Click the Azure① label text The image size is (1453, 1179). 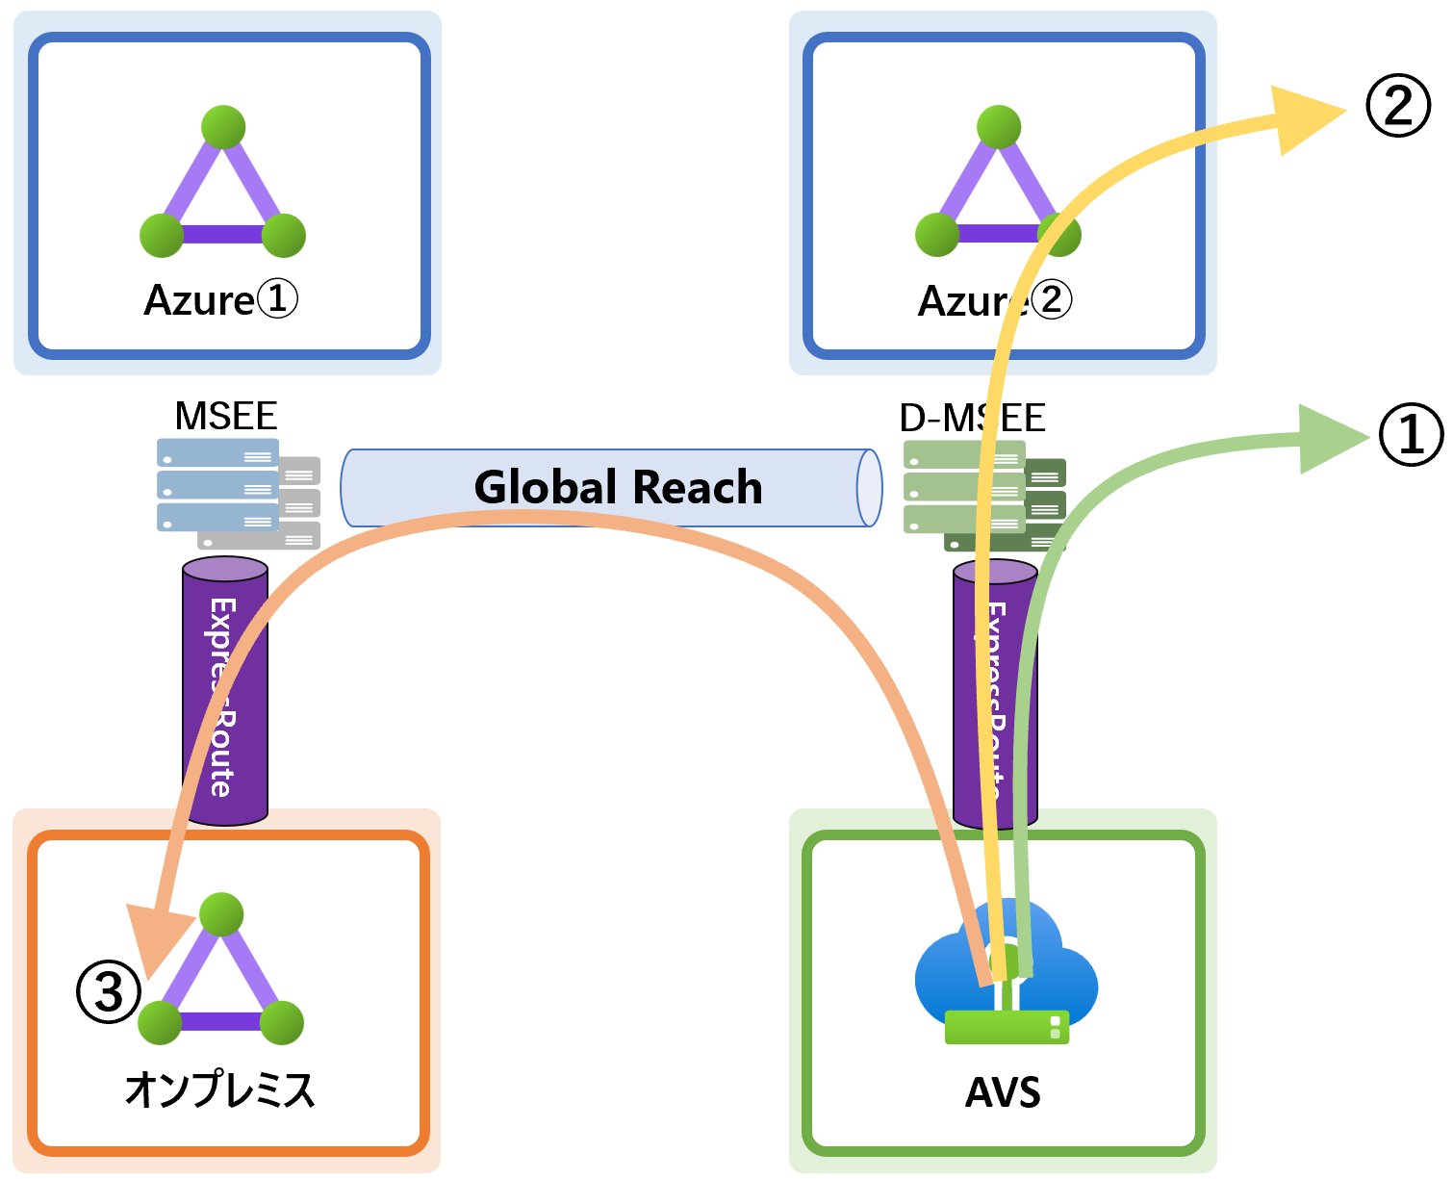pyautogui.click(x=220, y=300)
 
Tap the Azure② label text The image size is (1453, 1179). pyautogui.click(x=994, y=300)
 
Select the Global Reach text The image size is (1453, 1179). pyautogui.click(x=618, y=487)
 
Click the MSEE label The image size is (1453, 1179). pyautogui.click(x=226, y=416)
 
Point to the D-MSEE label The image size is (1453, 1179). pyautogui.click(x=972, y=418)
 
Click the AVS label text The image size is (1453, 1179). pyautogui.click(x=1003, y=1092)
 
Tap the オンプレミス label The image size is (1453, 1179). pyautogui.click(x=220, y=1089)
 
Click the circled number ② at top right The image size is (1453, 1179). pyautogui.click(x=1398, y=106)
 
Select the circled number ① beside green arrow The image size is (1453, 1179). pyautogui.click(x=1411, y=434)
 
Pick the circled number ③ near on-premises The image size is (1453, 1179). pyautogui.click(x=109, y=991)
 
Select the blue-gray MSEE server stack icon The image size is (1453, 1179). pyautogui.click(x=219, y=485)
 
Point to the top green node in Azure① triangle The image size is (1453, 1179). pyautogui.click(x=223, y=127)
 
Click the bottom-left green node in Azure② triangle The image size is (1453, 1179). pyautogui.click(x=936, y=235)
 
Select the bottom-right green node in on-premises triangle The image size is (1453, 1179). pyautogui.click(x=282, y=1022)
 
